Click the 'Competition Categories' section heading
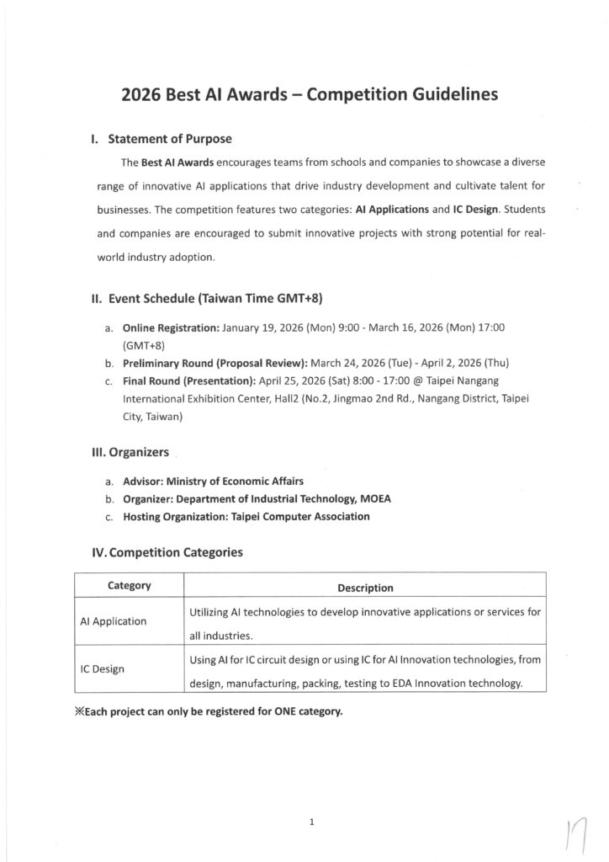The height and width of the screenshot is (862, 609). pos(167,552)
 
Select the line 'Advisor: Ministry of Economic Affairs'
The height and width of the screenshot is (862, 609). pos(213,482)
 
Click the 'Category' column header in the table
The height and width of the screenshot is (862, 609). pos(129,584)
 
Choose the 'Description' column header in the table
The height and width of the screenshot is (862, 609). pos(364,587)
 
